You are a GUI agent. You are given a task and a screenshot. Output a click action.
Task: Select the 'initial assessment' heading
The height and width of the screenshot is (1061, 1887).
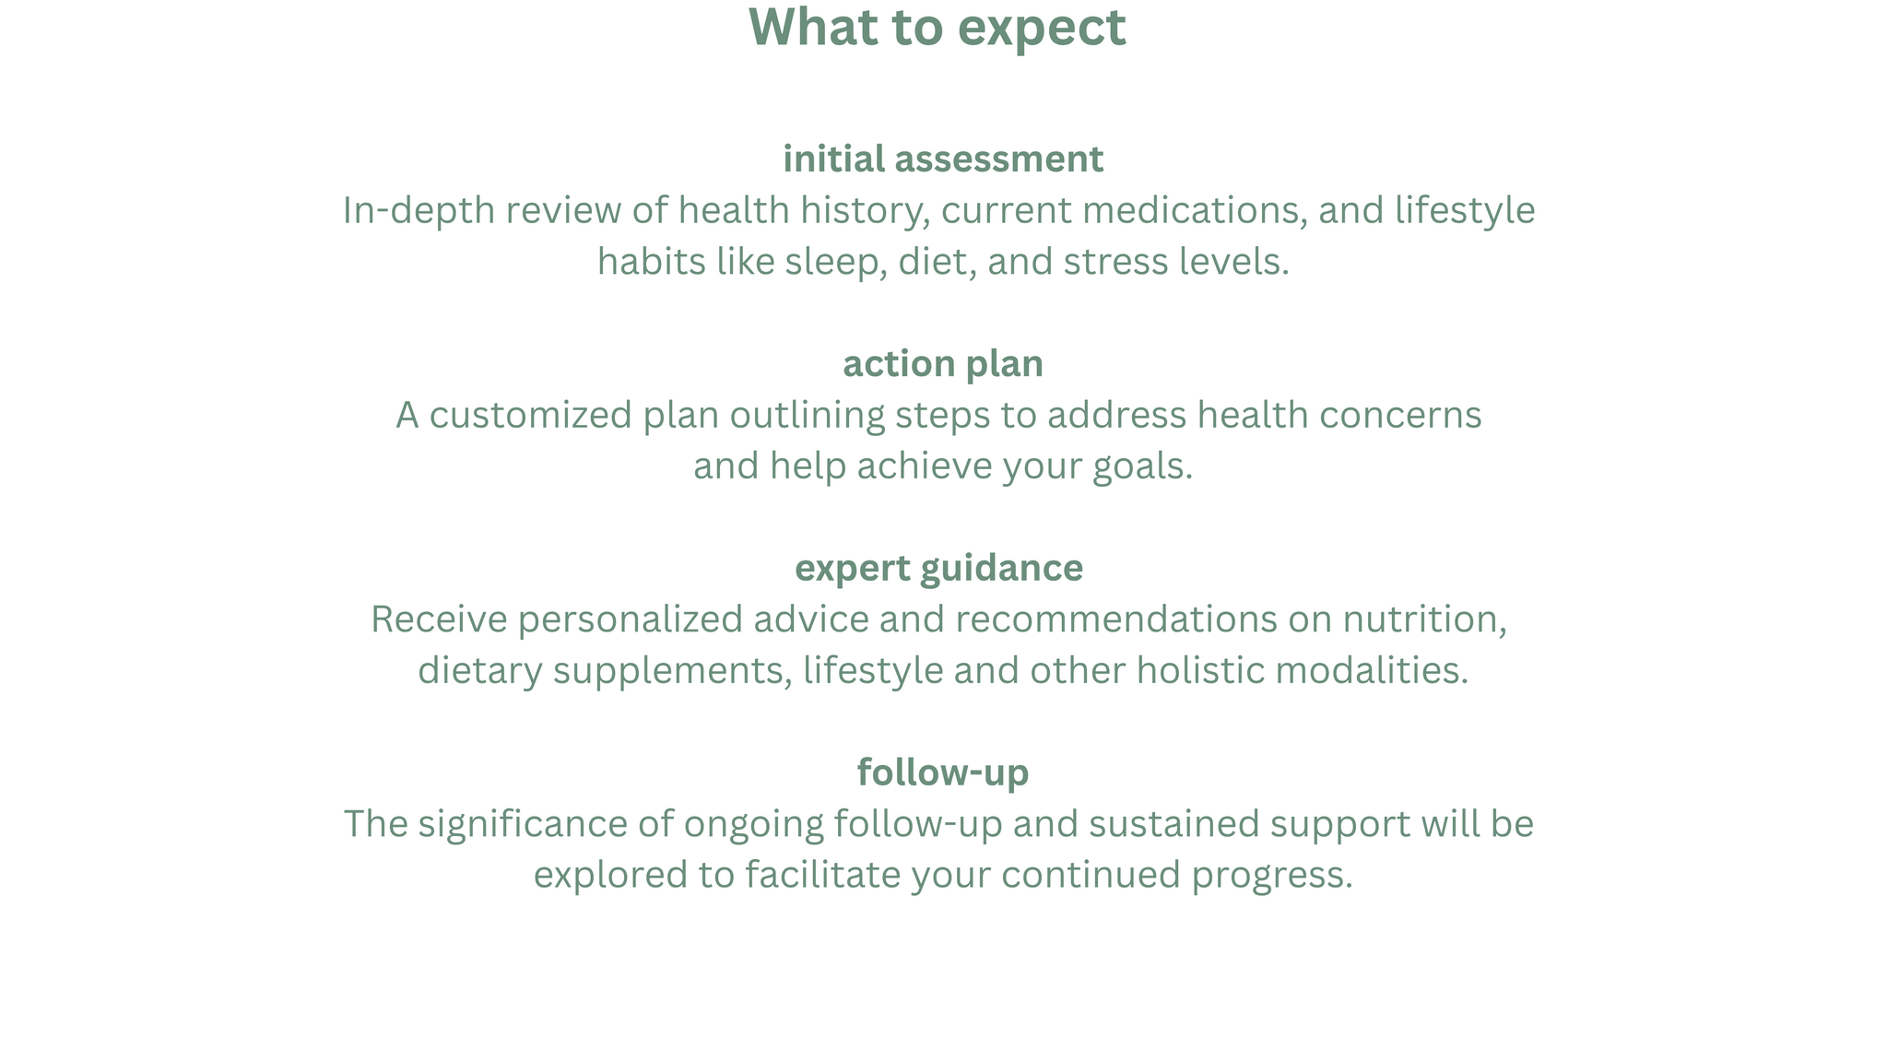(x=943, y=159)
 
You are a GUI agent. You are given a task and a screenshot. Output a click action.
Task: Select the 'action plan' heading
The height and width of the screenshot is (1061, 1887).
(x=943, y=364)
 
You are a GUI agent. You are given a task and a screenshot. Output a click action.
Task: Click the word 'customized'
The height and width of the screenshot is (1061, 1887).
(x=531, y=415)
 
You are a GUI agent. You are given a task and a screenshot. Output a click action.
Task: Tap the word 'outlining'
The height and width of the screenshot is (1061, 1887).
(x=808, y=416)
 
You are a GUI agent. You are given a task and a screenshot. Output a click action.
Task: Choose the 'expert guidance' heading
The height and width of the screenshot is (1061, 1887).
(x=939, y=569)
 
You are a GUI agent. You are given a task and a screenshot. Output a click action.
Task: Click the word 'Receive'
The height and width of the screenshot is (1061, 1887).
(x=439, y=619)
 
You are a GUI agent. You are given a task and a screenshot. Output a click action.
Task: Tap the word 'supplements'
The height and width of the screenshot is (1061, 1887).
(x=667, y=671)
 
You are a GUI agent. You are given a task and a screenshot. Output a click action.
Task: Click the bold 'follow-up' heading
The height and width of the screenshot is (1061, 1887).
(x=943, y=772)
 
